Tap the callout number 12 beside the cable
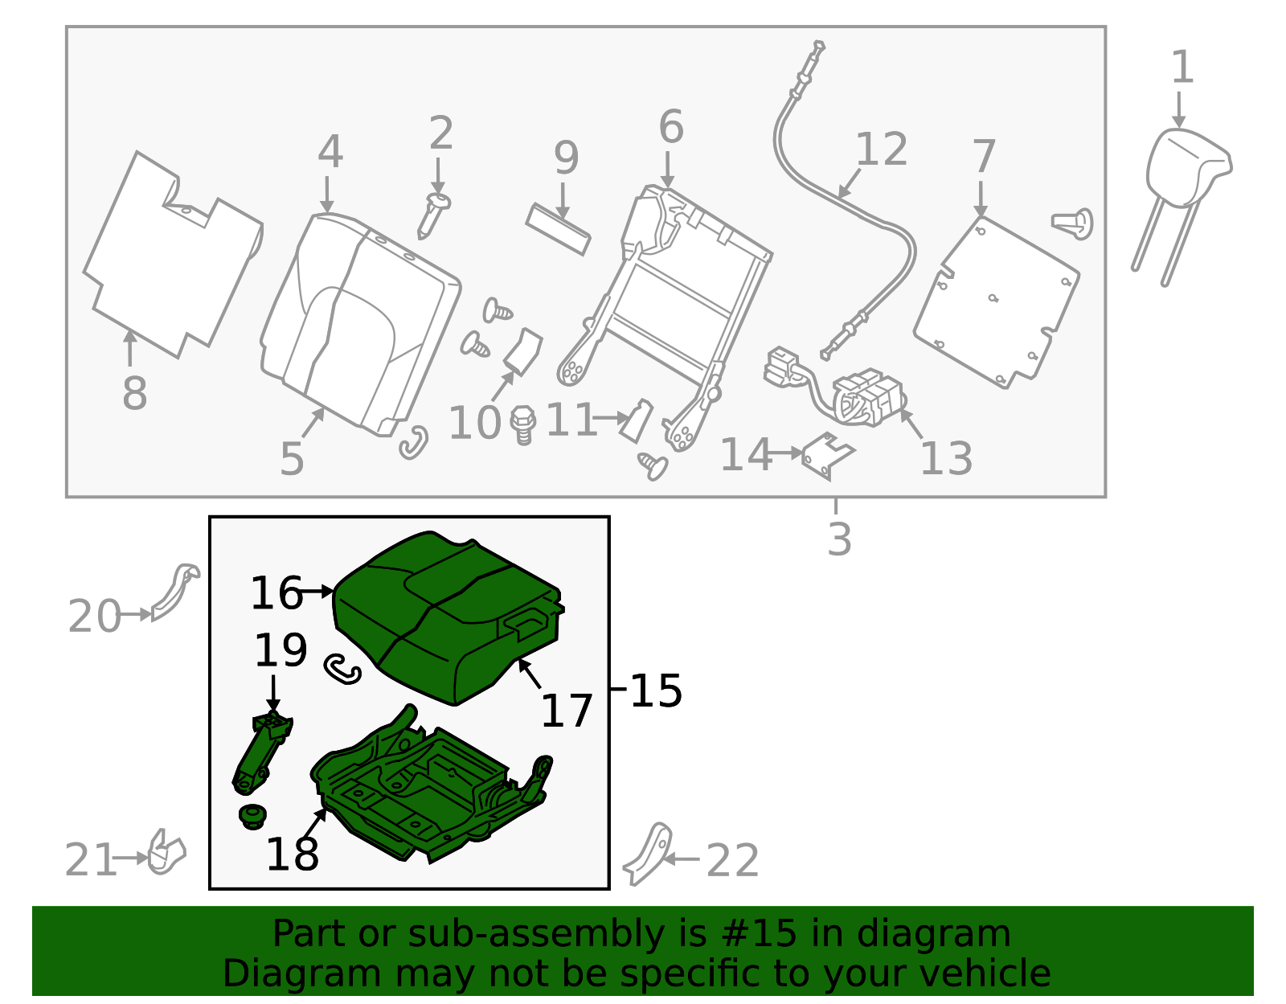click(x=881, y=149)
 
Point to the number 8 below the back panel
click(x=134, y=393)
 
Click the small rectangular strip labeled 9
click(x=558, y=229)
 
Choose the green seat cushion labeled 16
click(x=448, y=618)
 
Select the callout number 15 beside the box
click(x=656, y=691)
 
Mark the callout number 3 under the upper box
click(x=839, y=539)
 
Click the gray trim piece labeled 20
click(x=175, y=592)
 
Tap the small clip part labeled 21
click(x=166, y=853)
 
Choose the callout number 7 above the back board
click(x=984, y=156)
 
